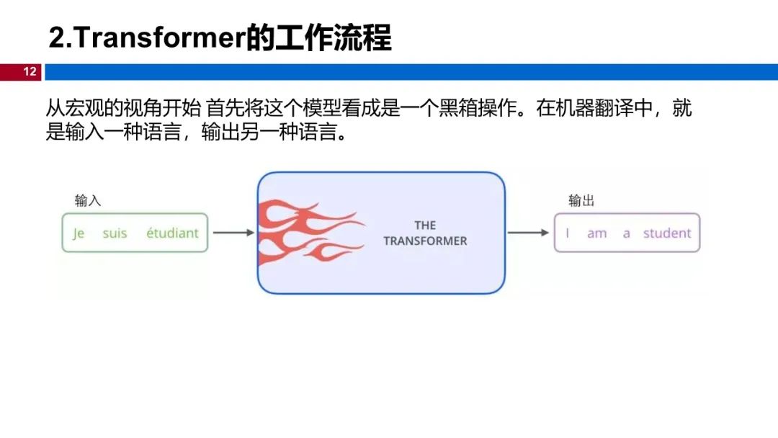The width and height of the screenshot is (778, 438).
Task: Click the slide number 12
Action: click(30, 72)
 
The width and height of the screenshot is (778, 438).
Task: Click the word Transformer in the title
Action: click(159, 38)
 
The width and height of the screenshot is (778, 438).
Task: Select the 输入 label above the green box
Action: click(88, 200)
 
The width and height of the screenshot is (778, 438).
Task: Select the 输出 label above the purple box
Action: click(581, 200)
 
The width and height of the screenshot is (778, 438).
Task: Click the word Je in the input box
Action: click(79, 233)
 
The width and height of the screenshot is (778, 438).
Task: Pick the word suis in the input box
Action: click(115, 233)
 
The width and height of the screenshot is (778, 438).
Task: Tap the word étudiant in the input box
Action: click(172, 233)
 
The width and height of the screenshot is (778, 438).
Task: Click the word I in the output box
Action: click(568, 233)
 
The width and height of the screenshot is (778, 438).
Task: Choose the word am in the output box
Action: click(596, 233)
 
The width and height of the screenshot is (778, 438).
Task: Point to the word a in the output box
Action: click(626, 233)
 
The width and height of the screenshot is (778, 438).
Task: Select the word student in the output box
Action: click(667, 233)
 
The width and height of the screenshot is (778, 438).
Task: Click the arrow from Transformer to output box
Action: click(528, 233)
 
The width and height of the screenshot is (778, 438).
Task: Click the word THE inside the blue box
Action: click(425, 225)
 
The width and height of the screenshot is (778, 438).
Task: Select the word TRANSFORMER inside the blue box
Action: click(425, 241)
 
